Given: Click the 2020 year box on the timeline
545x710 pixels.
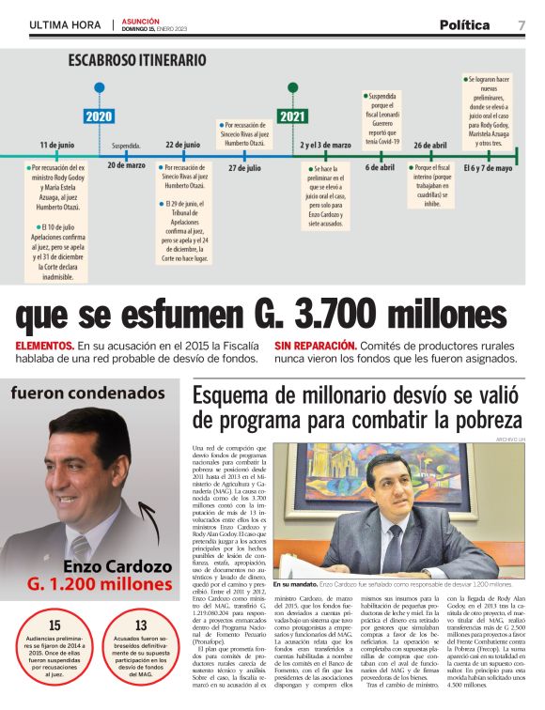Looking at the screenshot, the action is pyautogui.click(x=99, y=116).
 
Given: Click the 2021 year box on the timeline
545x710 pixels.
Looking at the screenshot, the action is pyautogui.click(x=292, y=116).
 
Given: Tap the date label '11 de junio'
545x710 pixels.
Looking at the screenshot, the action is pyautogui.click(x=57, y=146).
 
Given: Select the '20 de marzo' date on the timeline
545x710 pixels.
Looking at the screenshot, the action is pyautogui.click(x=126, y=165).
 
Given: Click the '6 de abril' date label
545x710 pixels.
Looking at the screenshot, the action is pyautogui.click(x=380, y=166).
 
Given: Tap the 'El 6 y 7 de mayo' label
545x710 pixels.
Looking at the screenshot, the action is pyautogui.click(x=488, y=167).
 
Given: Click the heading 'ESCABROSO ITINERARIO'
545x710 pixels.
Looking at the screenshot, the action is pyautogui.click(x=136, y=60).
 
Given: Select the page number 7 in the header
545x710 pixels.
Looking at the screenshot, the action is pyautogui.click(x=522, y=25).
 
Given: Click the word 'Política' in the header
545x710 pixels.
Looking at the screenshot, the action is pyautogui.click(x=464, y=25).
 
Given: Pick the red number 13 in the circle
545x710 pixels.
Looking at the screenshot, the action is pyautogui.click(x=141, y=625).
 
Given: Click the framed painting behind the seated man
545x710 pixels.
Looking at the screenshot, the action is pyautogui.click(x=362, y=470).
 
